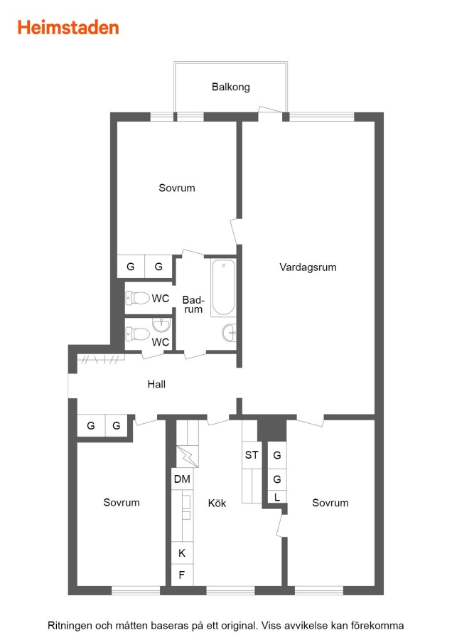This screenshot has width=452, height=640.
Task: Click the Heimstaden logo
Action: pyautogui.click(x=68, y=28)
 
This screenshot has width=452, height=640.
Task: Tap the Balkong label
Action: pyautogui.click(x=230, y=87)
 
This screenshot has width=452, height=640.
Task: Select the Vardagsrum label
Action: pyautogui.click(x=308, y=267)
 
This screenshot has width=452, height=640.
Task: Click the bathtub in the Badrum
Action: pyautogui.click(x=224, y=287)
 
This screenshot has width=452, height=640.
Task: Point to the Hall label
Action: pyautogui.click(x=156, y=384)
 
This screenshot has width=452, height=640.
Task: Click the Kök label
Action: pyautogui.click(x=217, y=503)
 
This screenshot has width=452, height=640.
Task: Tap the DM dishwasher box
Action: pyautogui.click(x=182, y=479)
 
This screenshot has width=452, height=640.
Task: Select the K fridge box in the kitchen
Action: pyautogui.click(x=182, y=553)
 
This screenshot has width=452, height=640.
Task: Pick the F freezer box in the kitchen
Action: pyautogui.click(x=182, y=575)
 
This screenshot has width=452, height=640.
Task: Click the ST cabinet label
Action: pyautogui.click(x=252, y=454)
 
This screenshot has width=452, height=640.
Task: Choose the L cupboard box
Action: pyautogui.click(x=277, y=497)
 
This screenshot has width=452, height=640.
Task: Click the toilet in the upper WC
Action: pyautogui.click(x=137, y=298)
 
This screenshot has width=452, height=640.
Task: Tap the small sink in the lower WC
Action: pyautogui.click(x=161, y=325)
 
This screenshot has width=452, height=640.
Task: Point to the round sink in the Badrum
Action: pyautogui.click(x=230, y=333)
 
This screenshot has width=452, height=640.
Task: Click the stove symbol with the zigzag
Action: pyautogui.click(x=188, y=457)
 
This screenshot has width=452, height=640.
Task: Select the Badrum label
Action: pyautogui.click(x=193, y=304)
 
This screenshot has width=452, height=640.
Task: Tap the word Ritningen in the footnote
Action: pyautogui.click(x=70, y=625)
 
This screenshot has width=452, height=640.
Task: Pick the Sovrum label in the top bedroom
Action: pyautogui.click(x=177, y=188)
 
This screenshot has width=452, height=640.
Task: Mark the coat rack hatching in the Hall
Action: pyautogui.click(x=101, y=359)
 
